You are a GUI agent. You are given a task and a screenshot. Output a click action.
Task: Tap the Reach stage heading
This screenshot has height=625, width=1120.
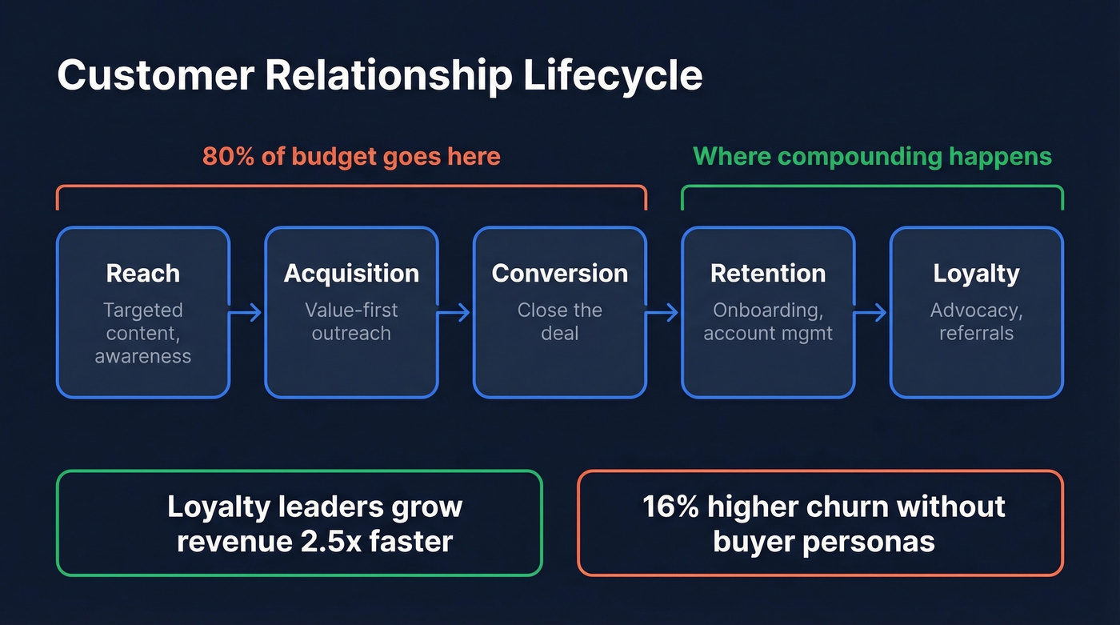143,274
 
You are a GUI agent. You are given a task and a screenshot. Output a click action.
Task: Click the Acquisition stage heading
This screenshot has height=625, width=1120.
351,274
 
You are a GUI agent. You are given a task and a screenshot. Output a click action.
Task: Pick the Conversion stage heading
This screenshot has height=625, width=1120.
560,274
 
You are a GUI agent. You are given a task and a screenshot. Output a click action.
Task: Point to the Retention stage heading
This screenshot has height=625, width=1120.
768,274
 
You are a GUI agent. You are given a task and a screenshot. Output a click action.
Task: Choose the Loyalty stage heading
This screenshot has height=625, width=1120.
976,274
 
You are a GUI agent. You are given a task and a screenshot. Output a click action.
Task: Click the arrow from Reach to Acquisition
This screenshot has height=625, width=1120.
247,312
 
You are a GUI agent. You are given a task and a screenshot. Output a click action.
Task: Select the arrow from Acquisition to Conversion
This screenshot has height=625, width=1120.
455,312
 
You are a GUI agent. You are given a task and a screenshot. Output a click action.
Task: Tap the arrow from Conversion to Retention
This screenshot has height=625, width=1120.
663,312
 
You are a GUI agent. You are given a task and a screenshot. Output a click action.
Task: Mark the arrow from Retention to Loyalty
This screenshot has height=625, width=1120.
872,312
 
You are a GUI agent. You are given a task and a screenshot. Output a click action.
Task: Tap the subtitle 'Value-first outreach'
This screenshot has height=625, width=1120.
351,322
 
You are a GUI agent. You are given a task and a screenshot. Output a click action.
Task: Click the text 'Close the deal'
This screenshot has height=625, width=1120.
560,322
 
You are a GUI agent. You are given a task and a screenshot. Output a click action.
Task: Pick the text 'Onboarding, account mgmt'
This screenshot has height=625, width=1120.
768,322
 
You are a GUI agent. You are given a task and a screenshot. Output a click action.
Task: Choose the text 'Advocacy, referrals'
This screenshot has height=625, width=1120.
976,322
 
